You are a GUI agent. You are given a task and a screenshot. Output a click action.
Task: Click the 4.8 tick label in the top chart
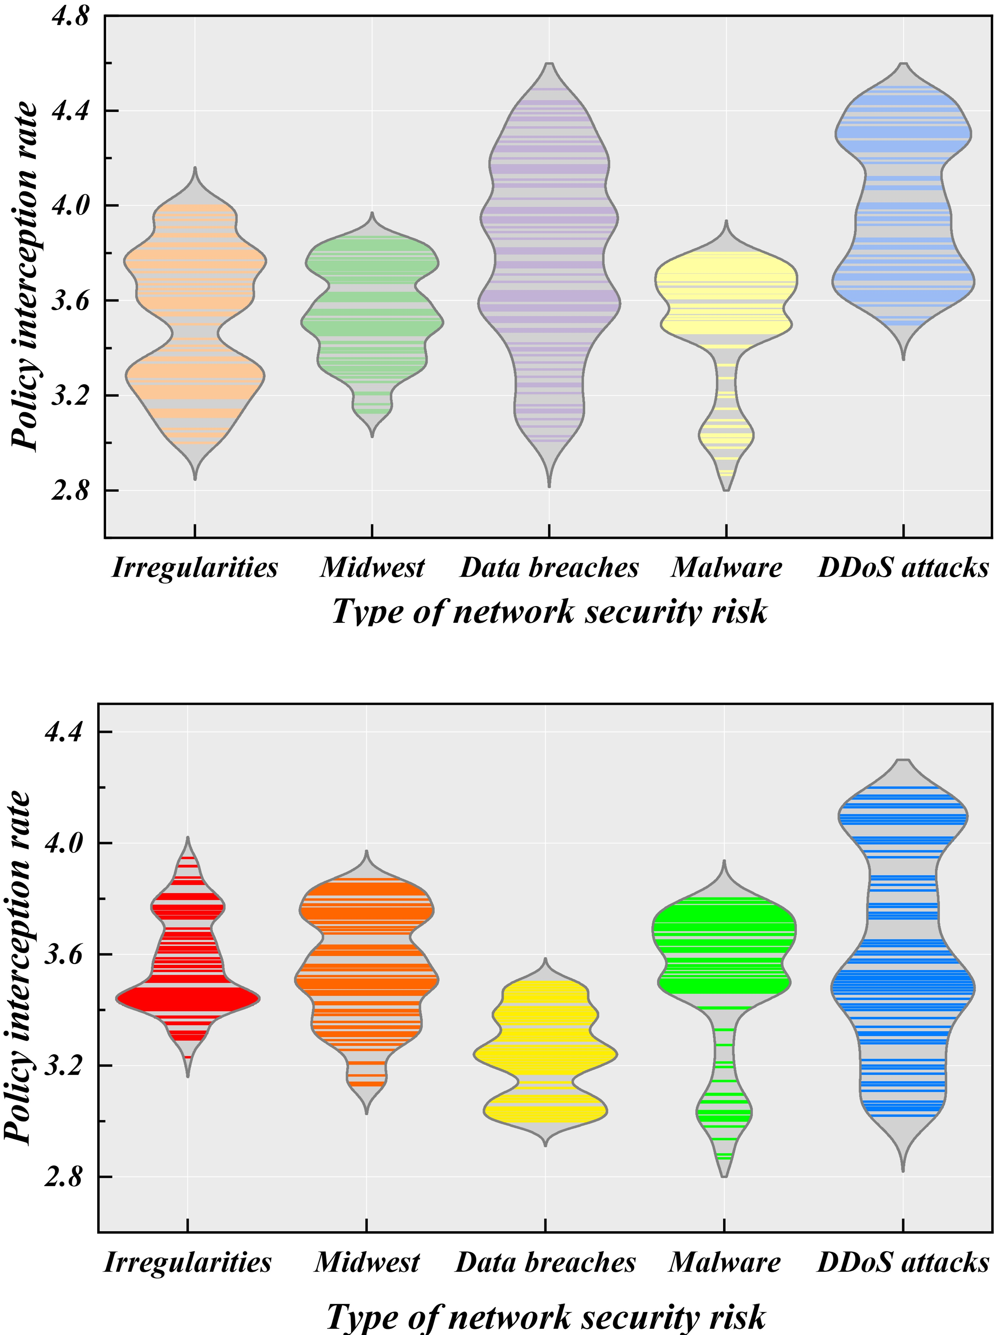(71, 16)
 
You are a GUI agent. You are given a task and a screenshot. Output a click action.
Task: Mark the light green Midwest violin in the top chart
(372, 320)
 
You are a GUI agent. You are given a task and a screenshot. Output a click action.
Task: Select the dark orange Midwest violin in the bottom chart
(366, 978)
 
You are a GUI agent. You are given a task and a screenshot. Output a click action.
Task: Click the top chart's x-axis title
(549, 612)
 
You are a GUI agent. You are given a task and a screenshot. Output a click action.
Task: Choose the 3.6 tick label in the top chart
(71, 300)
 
